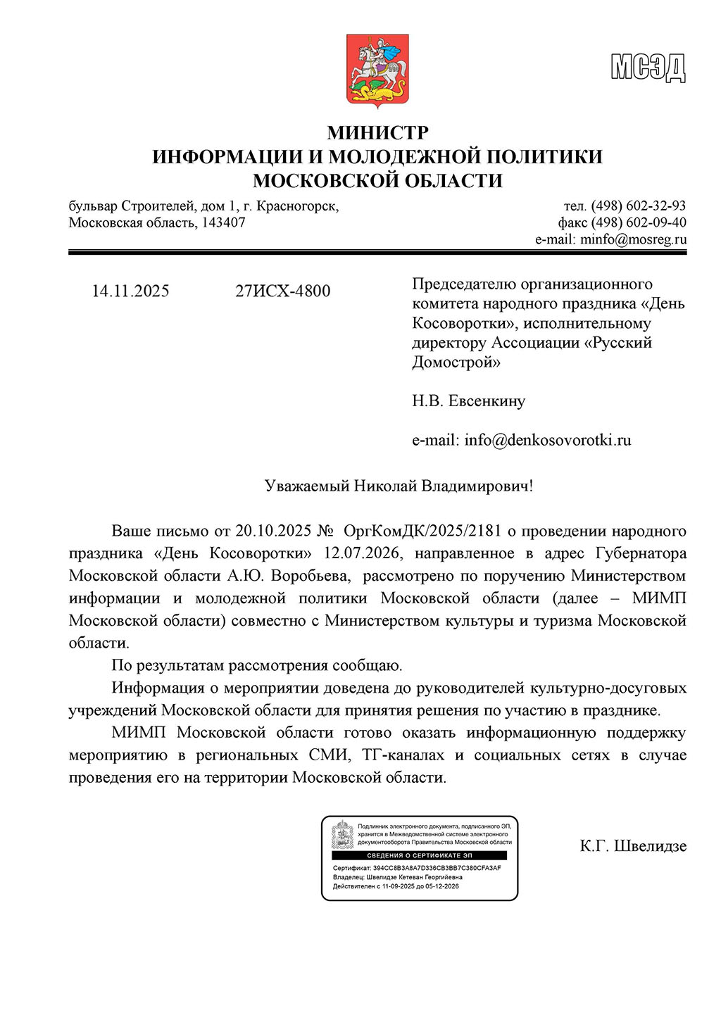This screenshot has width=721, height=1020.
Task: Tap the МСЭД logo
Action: [x=648, y=68]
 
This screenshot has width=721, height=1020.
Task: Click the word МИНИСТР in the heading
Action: [x=377, y=132]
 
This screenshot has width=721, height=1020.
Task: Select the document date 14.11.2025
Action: [x=130, y=291]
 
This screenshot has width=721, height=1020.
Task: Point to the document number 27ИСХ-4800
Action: [x=282, y=291]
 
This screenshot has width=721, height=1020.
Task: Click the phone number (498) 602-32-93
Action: [x=638, y=206]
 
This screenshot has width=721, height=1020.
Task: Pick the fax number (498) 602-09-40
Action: [x=638, y=222]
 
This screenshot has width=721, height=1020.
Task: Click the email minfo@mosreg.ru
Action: [x=633, y=239]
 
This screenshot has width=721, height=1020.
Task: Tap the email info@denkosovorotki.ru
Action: [x=547, y=440]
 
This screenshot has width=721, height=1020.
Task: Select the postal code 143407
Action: [x=224, y=222]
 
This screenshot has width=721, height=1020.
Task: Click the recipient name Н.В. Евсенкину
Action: [x=468, y=401]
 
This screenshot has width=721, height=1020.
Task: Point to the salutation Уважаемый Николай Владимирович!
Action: [x=399, y=486]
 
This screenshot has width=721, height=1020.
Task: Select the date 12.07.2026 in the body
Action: [x=363, y=553]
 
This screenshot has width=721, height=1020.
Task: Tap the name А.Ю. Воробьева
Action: [x=288, y=576]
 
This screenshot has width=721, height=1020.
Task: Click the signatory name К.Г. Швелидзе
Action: [x=633, y=845]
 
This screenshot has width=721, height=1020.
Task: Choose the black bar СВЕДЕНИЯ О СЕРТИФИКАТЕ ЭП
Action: [x=420, y=855]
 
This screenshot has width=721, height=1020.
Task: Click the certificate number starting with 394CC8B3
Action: [x=437, y=868]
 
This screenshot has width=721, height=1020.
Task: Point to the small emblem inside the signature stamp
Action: [x=343, y=833]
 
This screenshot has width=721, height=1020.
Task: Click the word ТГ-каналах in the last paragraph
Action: [x=403, y=755]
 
